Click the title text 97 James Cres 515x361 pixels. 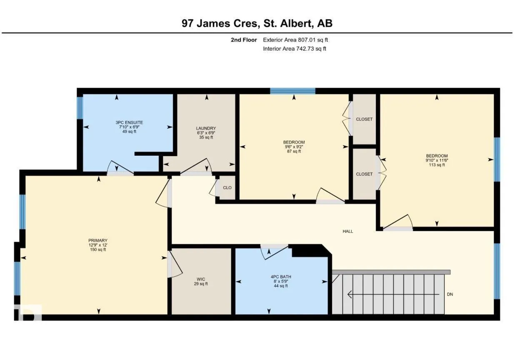pyautogui.click(x=221, y=23)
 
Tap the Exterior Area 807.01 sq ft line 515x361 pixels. pyautogui.click(x=295, y=40)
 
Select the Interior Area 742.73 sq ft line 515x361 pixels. pyautogui.click(x=295, y=49)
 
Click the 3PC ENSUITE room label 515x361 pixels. pyautogui.click(x=129, y=122)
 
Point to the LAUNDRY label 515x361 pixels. pyautogui.click(x=206, y=128)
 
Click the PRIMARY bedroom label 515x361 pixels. pyautogui.click(x=98, y=241)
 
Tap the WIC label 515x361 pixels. pyautogui.click(x=201, y=279)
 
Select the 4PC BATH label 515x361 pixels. pyautogui.click(x=281, y=277)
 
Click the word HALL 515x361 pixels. pyautogui.click(x=348, y=232)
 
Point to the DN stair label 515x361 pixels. pyautogui.click(x=450, y=294)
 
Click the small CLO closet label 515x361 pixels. pyautogui.click(x=227, y=188)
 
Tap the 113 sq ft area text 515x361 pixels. pyautogui.click(x=437, y=165)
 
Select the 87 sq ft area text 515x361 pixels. pyautogui.click(x=294, y=151)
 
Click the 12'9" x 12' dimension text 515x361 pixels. pyautogui.click(x=98, y=245)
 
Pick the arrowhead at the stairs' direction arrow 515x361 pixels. pyautogui.click(x=350, y=294)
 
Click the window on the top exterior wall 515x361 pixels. pyautogui.click(x=292, y=91)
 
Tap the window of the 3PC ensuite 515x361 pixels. pyautogui.click(x=80, y=108)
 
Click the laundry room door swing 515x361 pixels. pyautogui.click(x=196, y=166)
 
